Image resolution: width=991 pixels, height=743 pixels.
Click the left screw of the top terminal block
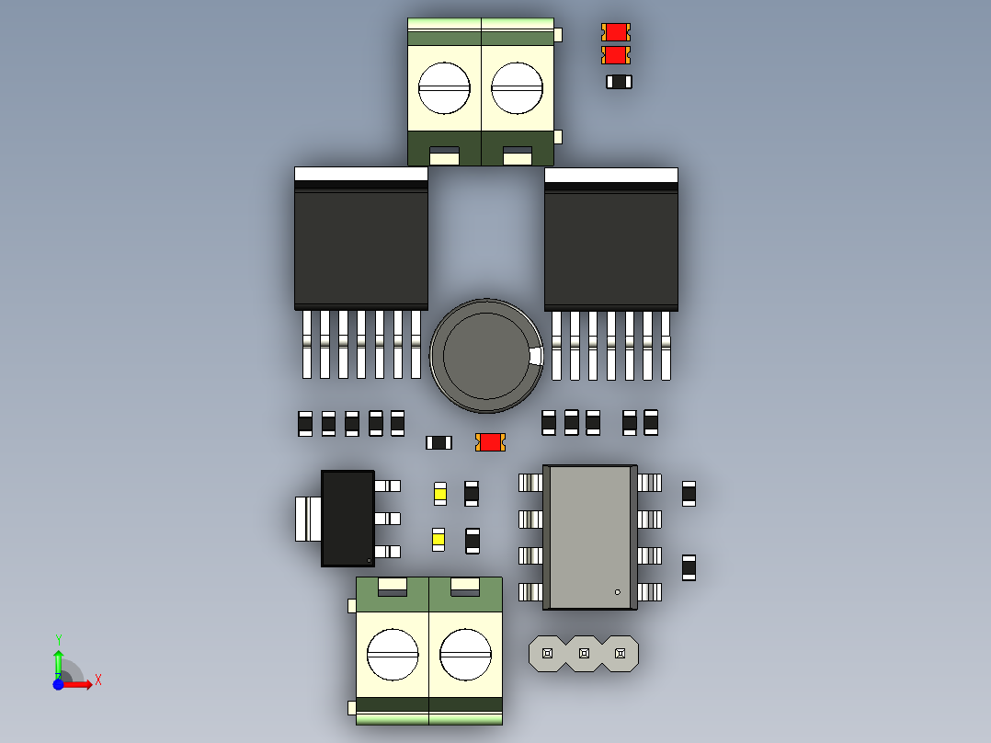pyautogui.click(x=444, y=88)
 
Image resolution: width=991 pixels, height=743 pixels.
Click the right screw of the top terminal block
pyautogui.click(x=517, y=88)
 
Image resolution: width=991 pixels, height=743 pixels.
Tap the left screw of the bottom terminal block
pyautogui.click(x=393, y=655)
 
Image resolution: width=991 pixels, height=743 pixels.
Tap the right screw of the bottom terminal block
pyautogui.click(x=466, y=655)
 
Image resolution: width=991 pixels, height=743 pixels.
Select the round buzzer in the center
pyautogui.click(x=486, y=355)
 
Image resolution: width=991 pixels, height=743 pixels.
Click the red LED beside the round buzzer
pyautogui.click(x=491, y=442)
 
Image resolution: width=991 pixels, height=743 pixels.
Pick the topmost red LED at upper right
pyautogui.click(x=616, y=31)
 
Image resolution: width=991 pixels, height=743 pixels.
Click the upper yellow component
pyautogui.click(x=440, y=494)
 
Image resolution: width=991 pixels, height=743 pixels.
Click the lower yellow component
pyautogui.click(x=439, y=540)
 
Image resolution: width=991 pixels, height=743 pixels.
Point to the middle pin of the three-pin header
pyautogui.click(x=584, y=653)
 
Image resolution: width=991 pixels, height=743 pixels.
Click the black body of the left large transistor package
pyautogui.click(x=361, y=248)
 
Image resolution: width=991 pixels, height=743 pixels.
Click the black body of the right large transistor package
pyautogui.click(x=611, y=250)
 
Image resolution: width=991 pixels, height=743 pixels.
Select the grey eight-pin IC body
pyautogui.click(x=589, y=538)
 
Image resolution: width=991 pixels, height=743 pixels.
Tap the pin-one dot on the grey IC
pyautogui.click(x=618, y=592)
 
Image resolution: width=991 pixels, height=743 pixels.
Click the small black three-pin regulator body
pyautogui.click(x=347, y=519)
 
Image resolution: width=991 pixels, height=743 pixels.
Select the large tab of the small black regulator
pyautogui.click(x=309, y=520)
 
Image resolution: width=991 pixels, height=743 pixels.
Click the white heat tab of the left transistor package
pyautogui.click(x=361, y=174)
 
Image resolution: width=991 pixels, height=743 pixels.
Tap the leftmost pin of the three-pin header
pyautogui.click(x=547, y=653)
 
